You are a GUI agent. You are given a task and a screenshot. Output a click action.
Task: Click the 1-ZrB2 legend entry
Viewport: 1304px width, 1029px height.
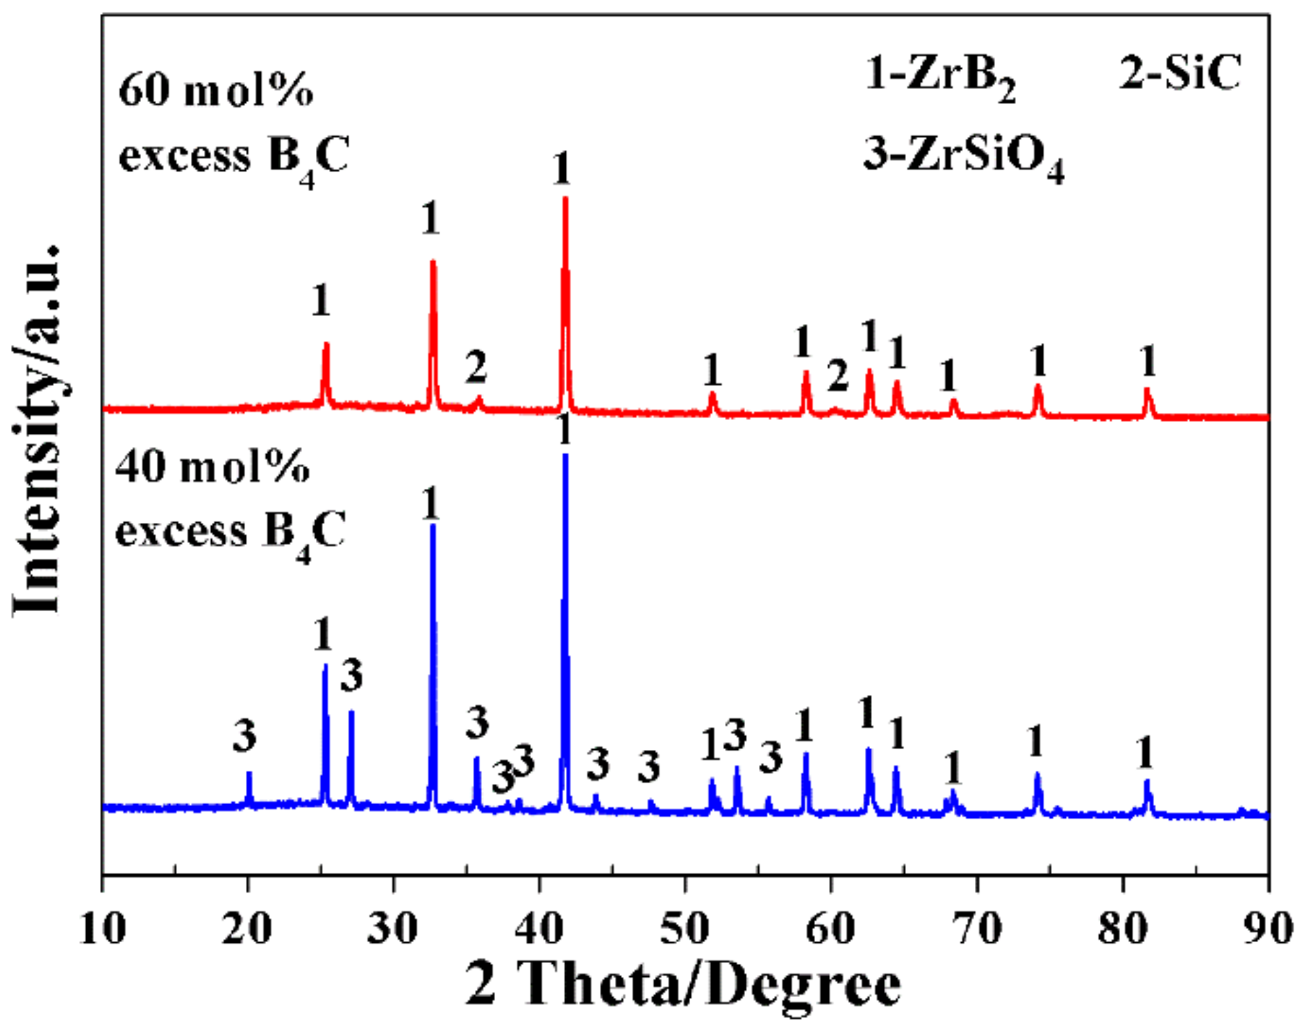pyautogui.click(x=940, y=75)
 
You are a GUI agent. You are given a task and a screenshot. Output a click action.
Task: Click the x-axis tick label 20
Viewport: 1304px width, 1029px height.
pyautogui.click(x=247, y=928)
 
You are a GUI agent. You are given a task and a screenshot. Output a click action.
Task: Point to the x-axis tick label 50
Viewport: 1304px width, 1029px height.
pyautogui.click(x=685, y=928)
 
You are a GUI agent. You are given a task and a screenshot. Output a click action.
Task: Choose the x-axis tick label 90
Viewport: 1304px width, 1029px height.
pyautogui.click(x=1268, y=928)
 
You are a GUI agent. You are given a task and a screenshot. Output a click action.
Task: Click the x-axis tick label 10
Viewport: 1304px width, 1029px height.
pyautogui.click(x=103, y=928)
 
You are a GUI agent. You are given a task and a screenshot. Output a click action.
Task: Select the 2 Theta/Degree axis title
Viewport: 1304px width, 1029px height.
pyautogui.click(x=683, y=985)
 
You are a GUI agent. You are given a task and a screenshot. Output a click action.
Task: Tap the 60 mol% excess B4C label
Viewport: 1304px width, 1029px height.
pyautogui.click(x=233, y=125)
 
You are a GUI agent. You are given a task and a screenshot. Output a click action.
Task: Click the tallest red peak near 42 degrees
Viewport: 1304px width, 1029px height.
pyautogui.click(x=565, y=201)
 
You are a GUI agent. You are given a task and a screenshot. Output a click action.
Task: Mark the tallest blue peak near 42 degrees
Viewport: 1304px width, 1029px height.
pyautogui.click(x=565, y=458)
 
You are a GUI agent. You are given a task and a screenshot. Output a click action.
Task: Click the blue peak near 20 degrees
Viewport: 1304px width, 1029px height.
pyautogui.click(x=249, y=774)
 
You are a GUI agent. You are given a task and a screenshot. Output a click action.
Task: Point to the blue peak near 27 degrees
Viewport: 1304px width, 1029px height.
pyautogui.click(x=351, y=714)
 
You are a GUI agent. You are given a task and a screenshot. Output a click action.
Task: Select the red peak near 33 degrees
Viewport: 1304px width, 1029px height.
pyautogui.click(x=433, y=264)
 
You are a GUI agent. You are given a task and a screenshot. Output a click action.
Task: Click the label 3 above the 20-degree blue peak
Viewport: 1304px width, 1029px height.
pyautogui.click(x=244, y=736)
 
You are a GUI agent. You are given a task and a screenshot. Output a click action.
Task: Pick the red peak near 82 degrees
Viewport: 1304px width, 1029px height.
pyautogui.click(x=1148, y=392)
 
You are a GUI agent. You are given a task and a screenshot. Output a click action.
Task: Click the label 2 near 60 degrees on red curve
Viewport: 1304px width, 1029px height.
pyautogui.click(x=837, y=377)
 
